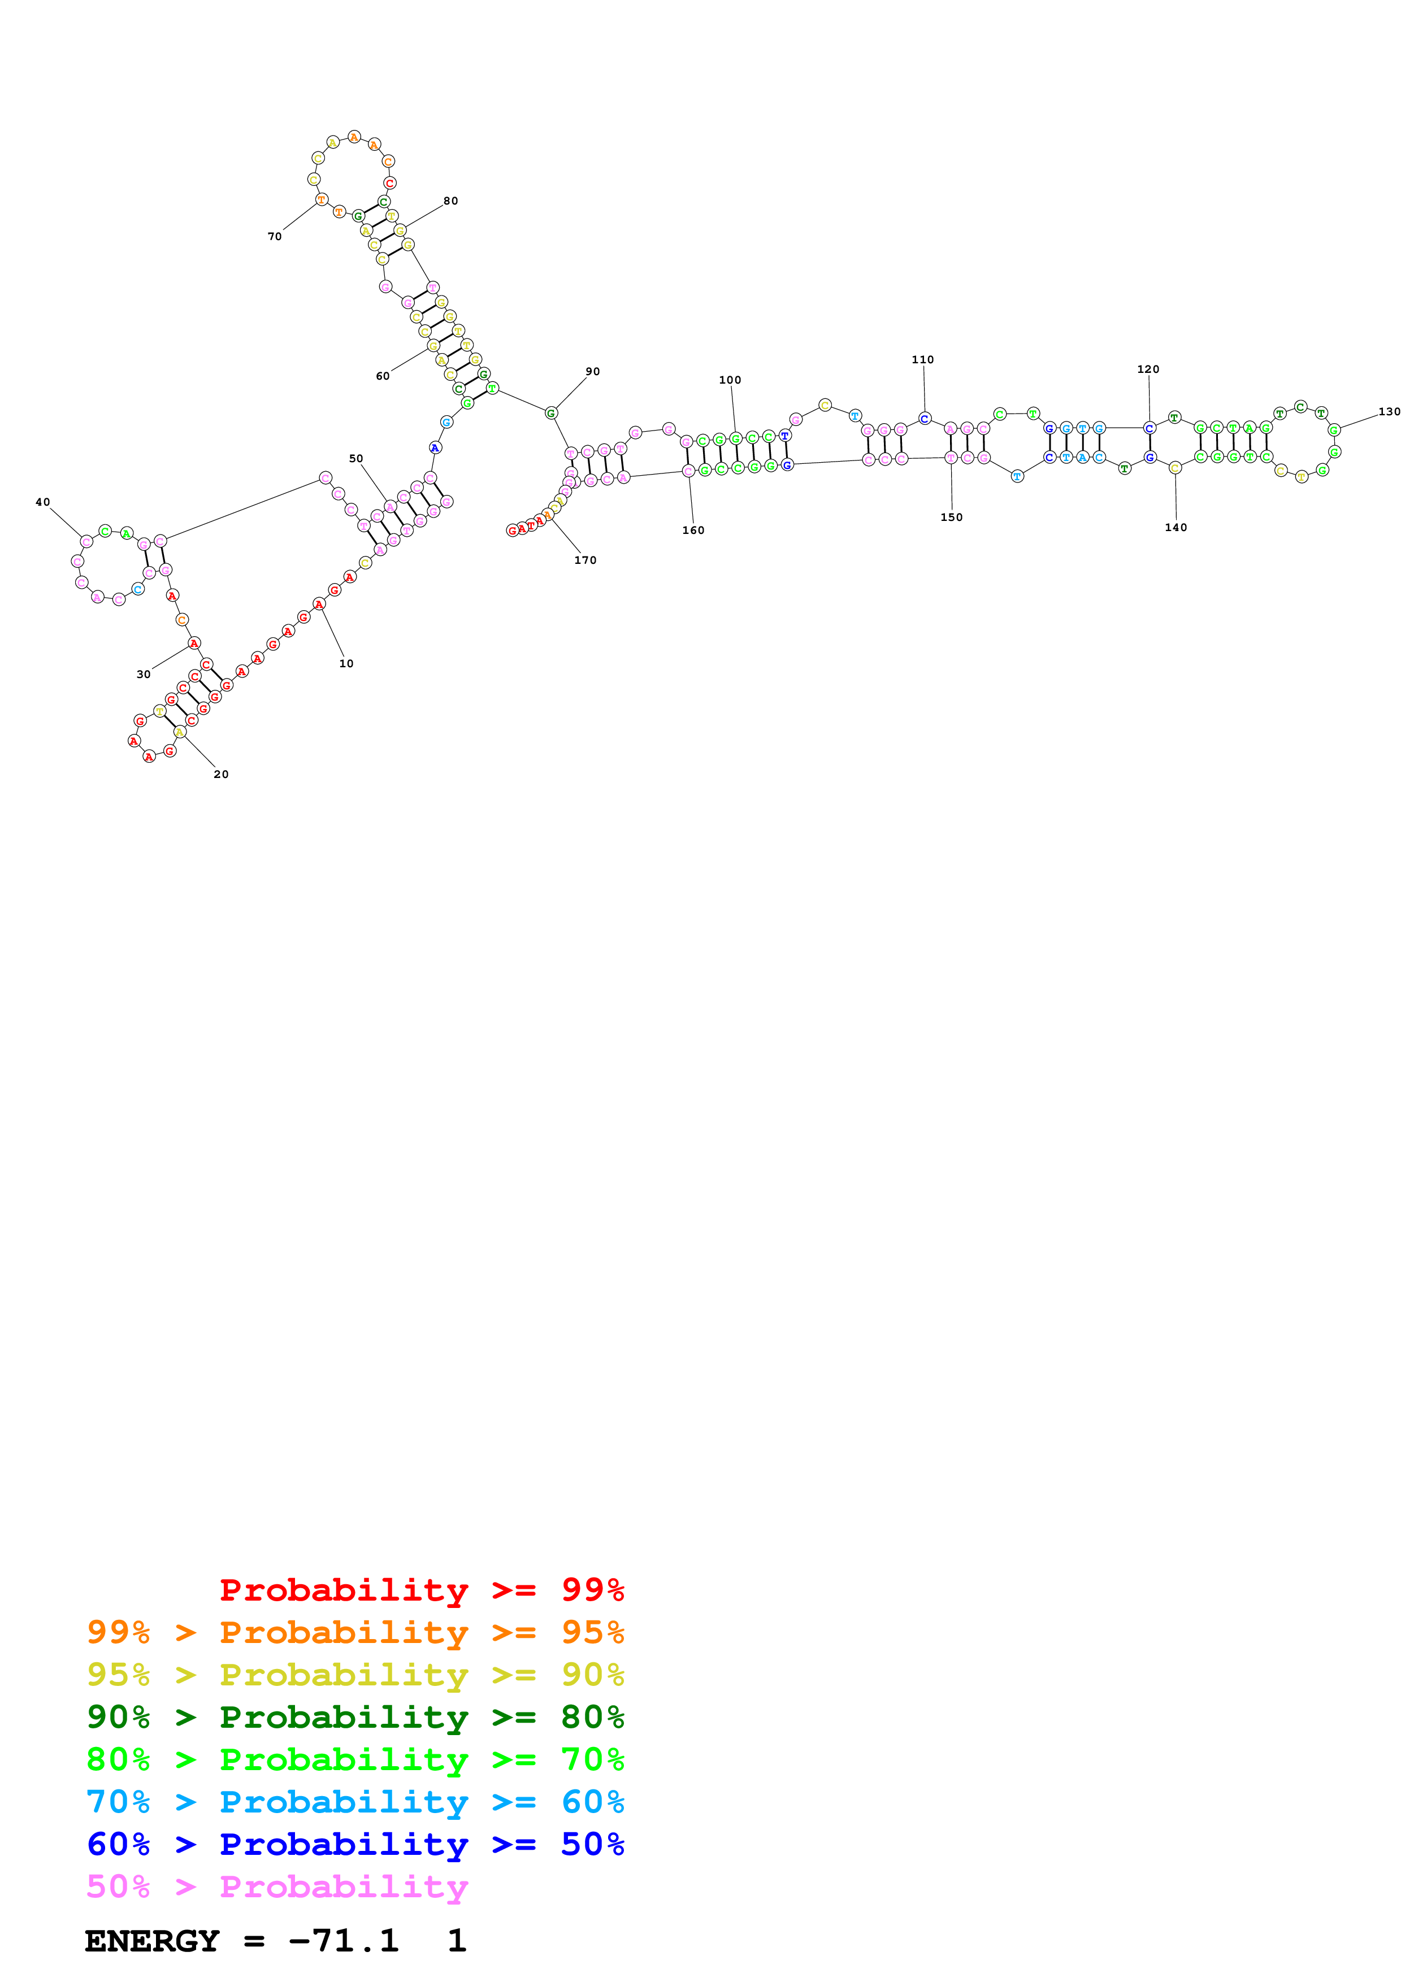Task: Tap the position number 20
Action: click(x=221, y=775)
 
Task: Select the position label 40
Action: click(x=43, y=502)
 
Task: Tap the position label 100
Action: click(x=730, y=380)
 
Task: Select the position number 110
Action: click(x=923, y=360)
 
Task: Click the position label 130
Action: click(x=1389, y=412)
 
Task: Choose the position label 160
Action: click(x=693, y=530)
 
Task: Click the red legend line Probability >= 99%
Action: click(x=421, y=1590)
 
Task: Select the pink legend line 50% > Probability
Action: click(x=277, y=1886)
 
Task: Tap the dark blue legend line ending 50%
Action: click(x=355, y=1844)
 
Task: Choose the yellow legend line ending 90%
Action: click(x=355, y=1675)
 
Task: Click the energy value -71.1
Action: click(x=344, y=1941)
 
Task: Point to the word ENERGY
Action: click(x=152, y=1941)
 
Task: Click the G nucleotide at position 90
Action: click(x=550, y=414)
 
